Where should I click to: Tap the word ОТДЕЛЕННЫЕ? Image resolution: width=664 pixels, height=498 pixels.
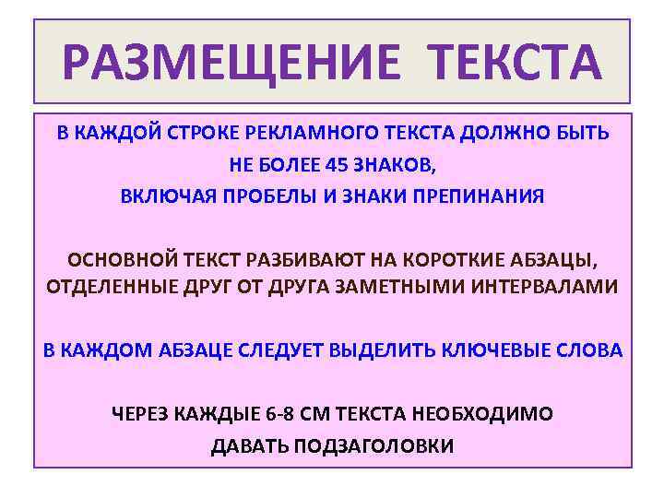click(104, 287)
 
